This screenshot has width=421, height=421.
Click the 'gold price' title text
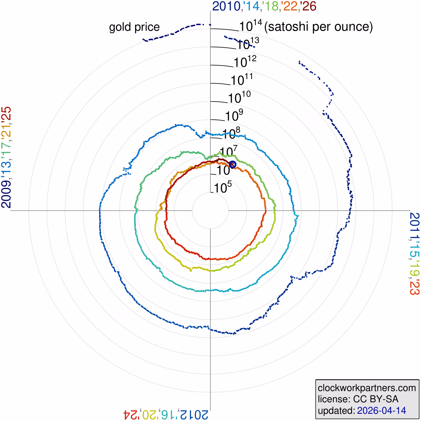(x=134, y=27)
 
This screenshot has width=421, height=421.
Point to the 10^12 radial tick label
(x=245, y=62)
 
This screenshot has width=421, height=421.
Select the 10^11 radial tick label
(x=242, y=80)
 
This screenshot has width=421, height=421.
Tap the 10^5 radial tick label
(x=223, y=188)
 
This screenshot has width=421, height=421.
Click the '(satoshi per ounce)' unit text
(x=318, y=27)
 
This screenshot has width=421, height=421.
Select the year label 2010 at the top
(x=226, y=6)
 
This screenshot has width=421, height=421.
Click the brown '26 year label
(x=308, y=6)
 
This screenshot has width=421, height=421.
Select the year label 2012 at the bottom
(x=194, y=415)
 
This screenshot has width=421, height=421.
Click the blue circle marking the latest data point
(x=233, y=164)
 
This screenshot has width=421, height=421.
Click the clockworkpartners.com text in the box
(x=367, y=388)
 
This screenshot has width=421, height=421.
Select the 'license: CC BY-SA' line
(x=358, y=399)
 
